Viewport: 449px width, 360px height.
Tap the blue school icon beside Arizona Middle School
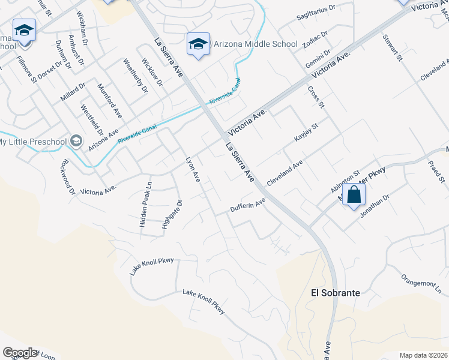(198, 44)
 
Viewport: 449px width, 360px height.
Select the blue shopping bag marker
(354, 196)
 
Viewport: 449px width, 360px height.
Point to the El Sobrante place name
(336, 293)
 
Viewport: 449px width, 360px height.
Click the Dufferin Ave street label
(248, 205)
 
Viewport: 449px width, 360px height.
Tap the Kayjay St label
(306, 132)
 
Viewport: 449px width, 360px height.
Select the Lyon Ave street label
(193, 169)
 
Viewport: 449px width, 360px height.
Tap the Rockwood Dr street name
(67, 176)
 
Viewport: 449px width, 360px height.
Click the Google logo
(20, 353)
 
